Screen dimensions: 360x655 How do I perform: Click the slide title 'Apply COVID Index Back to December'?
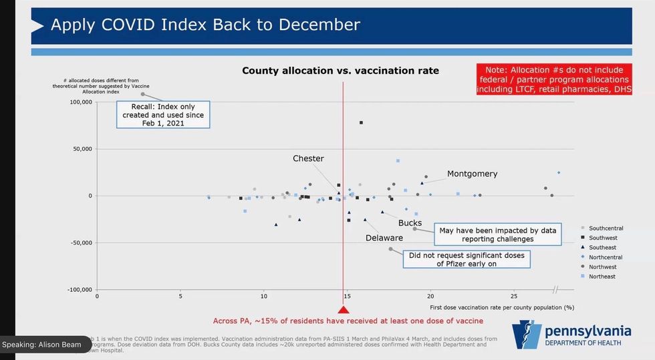[205, 25]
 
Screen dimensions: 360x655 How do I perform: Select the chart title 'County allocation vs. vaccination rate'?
[340, 70]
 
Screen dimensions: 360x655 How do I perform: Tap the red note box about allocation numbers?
[553, 79]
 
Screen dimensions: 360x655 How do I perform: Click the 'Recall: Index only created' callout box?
[163, 114]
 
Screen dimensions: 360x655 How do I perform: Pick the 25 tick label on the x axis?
[513, 296]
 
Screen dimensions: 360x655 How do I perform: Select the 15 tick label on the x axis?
[347, 296]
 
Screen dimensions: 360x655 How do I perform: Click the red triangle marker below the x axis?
[344, 309]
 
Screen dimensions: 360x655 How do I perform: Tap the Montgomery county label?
[472, 174]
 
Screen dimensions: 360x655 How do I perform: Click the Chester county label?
[308, 158]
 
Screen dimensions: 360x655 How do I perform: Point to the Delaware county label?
[384, 238]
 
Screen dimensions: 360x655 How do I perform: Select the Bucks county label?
[410, 222]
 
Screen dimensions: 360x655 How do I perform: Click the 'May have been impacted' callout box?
[497, 234]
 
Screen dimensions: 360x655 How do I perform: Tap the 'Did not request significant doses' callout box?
[466, 259]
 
